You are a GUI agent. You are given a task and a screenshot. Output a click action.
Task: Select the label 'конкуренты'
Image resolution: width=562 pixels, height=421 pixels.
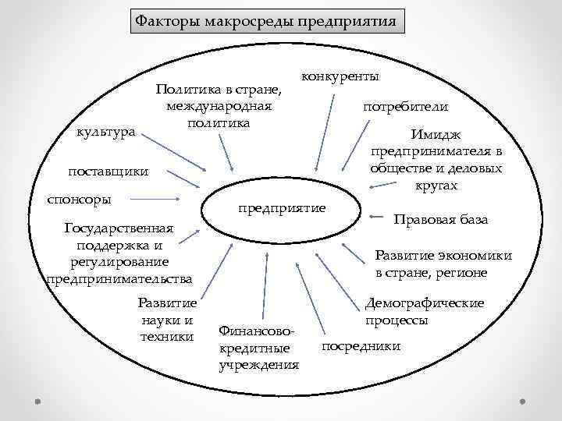pyautogui.click(x=340, y=77)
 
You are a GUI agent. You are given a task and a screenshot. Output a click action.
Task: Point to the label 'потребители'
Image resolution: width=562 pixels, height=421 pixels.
pyautogui.click(x=406, y=107)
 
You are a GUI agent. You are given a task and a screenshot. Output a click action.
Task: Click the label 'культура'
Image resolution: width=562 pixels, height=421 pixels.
pyautogui.click(x=105, y=133)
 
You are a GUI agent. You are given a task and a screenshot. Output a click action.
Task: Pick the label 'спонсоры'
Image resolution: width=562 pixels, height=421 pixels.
pyautogui.click(x=80, y=199)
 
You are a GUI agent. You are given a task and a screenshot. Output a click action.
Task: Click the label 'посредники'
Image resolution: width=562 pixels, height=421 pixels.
pyautogui.click(x=361, y=345)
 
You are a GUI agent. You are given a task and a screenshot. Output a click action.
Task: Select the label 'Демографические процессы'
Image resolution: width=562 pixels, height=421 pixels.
pyautogui.click(x=424, y=312)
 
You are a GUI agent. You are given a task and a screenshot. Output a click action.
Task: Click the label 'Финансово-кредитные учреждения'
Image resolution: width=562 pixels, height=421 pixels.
pyautogui.click(x=258, y=348)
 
